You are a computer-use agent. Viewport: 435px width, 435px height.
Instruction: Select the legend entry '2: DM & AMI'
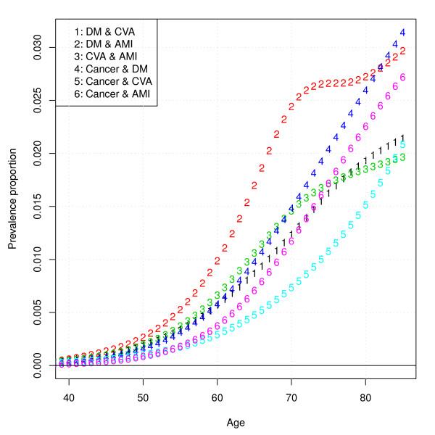tap(104, 43)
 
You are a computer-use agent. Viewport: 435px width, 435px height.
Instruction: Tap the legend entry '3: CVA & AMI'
tap(106, 57)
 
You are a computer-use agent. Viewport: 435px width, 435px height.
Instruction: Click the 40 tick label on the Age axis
tap(69, 397)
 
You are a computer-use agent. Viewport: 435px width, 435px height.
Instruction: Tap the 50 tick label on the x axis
tap(143, 397)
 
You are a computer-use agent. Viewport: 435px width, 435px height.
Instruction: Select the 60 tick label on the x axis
tap(217, 397)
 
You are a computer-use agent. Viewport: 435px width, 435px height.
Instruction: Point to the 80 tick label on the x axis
tap(365, 397)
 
